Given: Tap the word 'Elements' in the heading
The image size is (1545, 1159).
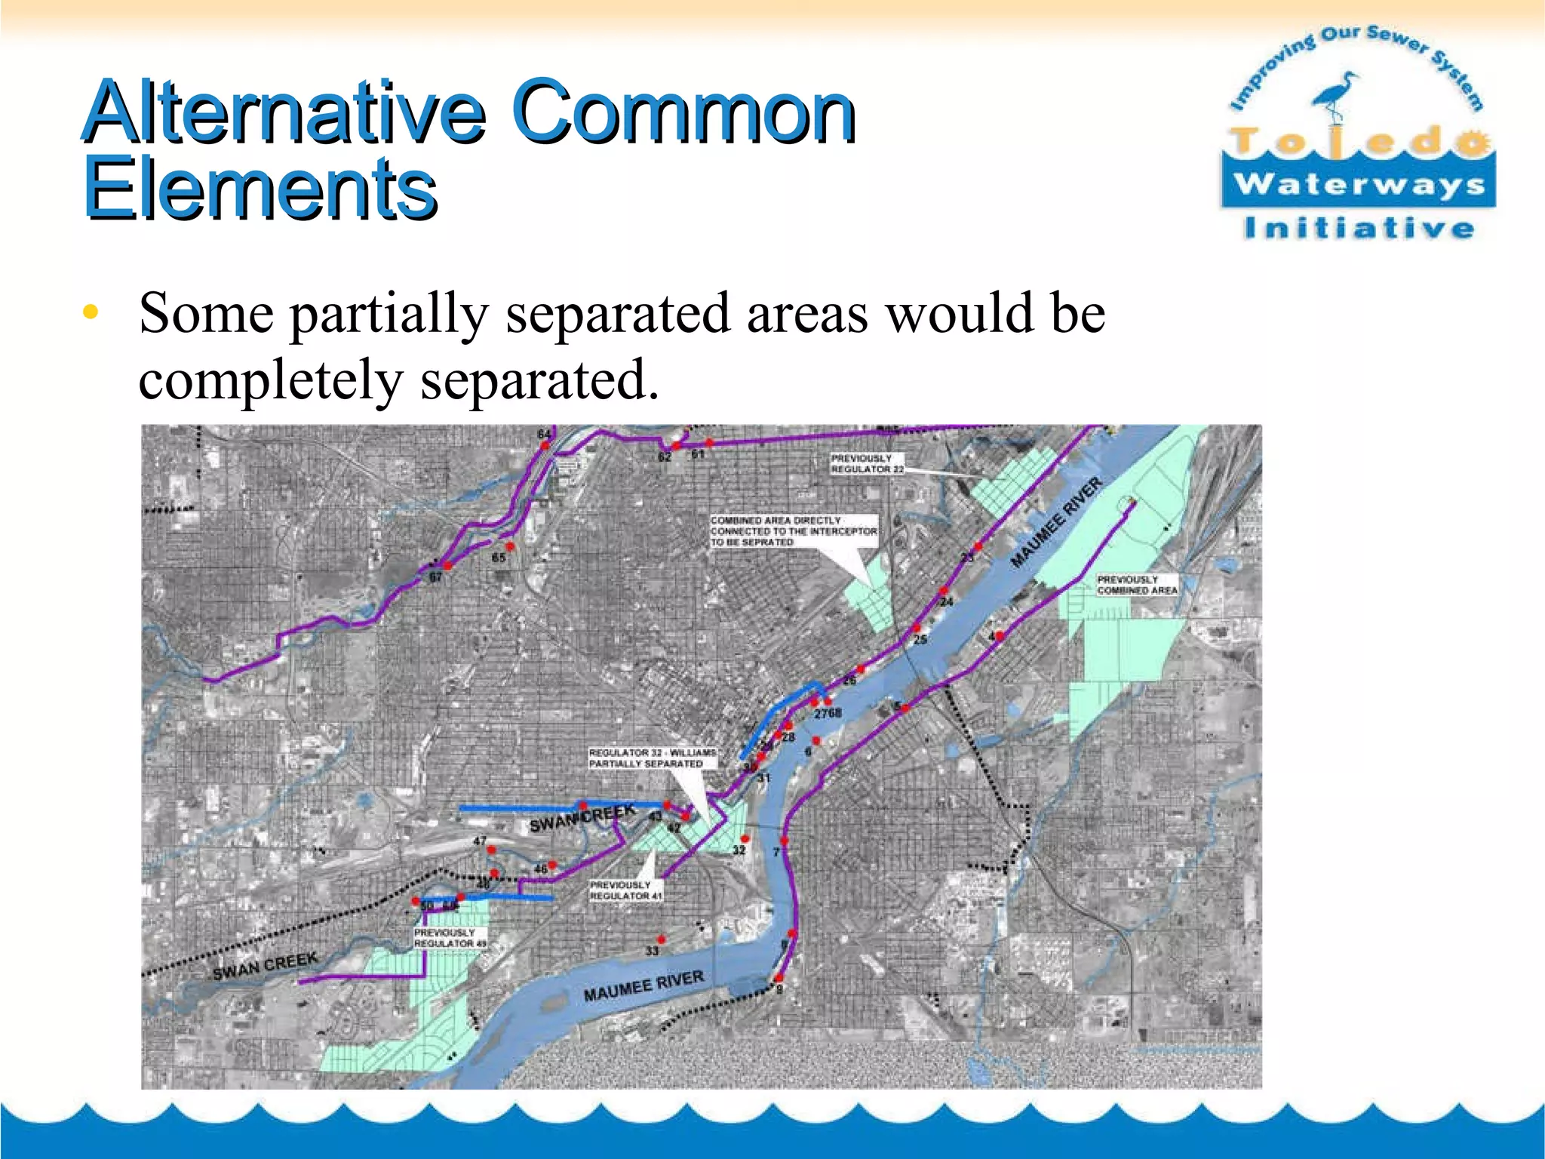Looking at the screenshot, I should coord(260,189).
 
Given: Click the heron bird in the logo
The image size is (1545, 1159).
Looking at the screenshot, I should coord(1335,94).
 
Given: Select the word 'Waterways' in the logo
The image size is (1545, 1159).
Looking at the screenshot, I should coord(1359,183).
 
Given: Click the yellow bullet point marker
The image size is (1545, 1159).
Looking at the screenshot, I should coord(91,312).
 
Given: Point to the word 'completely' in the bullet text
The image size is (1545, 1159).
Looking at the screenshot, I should coord(270,380).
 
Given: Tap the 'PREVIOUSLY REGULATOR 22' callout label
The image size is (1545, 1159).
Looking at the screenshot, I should coord(867,463).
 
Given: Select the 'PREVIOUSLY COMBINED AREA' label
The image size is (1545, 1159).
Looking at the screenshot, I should coord(1136,585).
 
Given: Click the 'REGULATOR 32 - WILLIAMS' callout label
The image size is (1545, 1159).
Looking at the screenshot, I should coord(653,758).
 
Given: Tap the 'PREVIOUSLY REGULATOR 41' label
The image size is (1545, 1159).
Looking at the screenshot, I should coord(625,890).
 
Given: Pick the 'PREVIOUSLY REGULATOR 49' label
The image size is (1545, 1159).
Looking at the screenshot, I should coord(450,938).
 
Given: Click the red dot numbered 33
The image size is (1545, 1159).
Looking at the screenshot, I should coord(662,939).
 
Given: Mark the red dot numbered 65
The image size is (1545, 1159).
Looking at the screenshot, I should coord(511,546).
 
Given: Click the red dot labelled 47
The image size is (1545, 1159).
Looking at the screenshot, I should coord(491,850).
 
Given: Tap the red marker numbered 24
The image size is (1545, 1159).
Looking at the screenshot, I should coord(943,591).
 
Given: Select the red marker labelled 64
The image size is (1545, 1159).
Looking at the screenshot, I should coord(544,446).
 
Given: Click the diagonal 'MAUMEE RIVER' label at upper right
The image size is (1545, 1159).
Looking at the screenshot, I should coord(1056,521).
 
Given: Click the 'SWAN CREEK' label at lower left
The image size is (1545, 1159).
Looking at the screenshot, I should coord(265,966).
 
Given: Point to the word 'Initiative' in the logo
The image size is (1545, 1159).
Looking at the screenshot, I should coord(1359,228).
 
